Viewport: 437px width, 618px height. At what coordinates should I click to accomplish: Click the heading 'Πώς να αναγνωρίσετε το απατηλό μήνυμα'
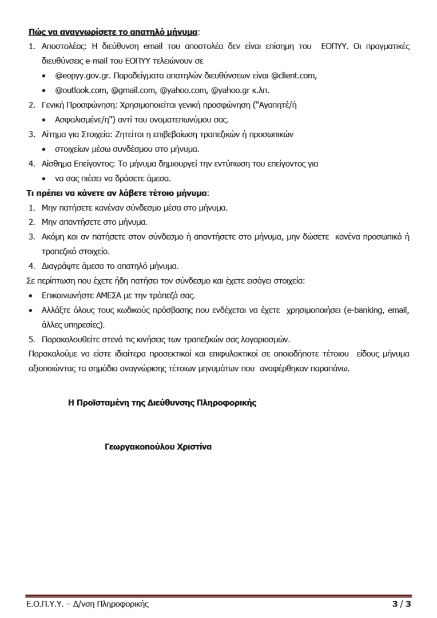[113, 30]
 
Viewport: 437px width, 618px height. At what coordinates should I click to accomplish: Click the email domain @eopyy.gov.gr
[82, 75]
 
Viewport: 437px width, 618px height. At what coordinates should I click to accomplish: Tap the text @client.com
[293, 75]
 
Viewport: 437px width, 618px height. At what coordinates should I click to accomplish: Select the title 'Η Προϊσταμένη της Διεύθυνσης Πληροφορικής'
[162, 403]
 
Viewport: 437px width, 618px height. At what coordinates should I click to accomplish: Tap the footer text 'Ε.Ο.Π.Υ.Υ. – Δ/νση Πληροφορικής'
[88, 604]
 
